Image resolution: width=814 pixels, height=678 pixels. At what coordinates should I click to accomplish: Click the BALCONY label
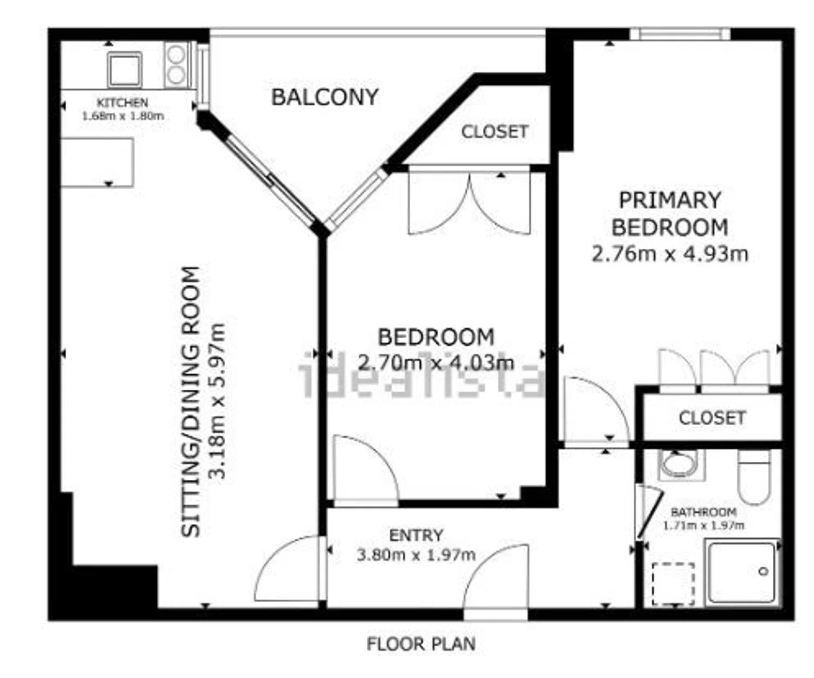coord(325,97)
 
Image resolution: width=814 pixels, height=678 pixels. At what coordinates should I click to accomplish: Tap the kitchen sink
coord(124,70)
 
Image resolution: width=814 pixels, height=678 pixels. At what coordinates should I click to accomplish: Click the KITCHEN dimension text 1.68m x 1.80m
coord(123,116)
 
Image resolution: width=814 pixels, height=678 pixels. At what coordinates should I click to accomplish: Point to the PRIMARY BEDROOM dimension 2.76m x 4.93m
coord(670,255)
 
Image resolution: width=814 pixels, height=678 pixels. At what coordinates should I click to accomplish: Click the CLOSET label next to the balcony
coord(495,132)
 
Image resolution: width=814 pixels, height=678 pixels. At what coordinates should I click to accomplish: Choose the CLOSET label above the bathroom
coord(712,418)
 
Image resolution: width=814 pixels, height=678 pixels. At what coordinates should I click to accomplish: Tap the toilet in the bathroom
coord(754,478)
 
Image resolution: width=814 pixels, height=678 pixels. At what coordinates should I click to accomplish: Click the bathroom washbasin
coord(682,465)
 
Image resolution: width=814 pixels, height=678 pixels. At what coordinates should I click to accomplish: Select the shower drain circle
coord(764,572)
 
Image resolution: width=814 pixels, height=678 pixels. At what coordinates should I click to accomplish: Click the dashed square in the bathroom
coord(673,584)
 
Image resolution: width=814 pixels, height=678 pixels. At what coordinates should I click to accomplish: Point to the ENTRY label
coord(416,535)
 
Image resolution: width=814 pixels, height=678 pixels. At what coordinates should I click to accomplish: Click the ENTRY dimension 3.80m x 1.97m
coord(416,555)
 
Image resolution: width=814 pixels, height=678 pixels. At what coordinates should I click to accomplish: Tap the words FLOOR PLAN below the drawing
coord(421,644)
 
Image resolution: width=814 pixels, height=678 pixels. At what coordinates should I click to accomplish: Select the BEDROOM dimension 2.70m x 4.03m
coord(436,363)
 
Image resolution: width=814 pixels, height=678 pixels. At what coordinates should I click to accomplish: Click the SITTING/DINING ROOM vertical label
coord(190,402)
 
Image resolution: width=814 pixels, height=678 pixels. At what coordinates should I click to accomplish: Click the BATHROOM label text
coord(704,511)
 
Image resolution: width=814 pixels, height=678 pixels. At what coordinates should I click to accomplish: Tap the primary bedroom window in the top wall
coord(680,34)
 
